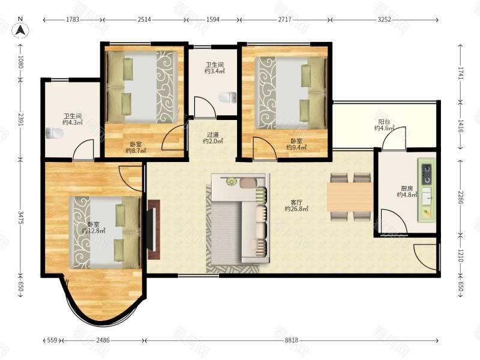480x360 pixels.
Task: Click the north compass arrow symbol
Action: pyautogui.click(x=20, y=31)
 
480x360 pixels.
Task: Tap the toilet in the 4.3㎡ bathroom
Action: pyautogui.click(x=55, y=133)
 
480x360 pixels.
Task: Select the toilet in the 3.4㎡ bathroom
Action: pyautogui.click(x=227, y=97)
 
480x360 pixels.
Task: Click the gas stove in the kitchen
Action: pyautogui.click(x=427, y=174)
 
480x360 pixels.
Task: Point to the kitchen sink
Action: pyautogui.click(x=427, y=196)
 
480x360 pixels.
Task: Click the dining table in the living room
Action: pyautogui.click(x=350, y=197)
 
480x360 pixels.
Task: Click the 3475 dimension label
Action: pyautogui.click(x=20, y=217)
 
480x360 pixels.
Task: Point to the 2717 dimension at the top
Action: pyautogui.click(x=284, y=20)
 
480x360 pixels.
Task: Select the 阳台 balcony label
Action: pyautogui.click(x=384, y=122)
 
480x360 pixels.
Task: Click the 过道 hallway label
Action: pyautogui.click(x=213, y=134)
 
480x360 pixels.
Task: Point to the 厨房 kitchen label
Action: pyautogui.click(x=407, y=188)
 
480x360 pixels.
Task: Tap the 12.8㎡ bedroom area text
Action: pyautogui.click(x=94, y=231)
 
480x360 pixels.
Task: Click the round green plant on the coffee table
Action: pyautogui.click(x=231, y=182)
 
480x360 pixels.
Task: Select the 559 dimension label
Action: pyautogui.click(x=52, y=340)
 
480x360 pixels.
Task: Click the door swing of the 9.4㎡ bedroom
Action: pyautogui.click(x=265, y=148)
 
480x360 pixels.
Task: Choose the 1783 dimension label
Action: pyautogui.click(x=73, y=20)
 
